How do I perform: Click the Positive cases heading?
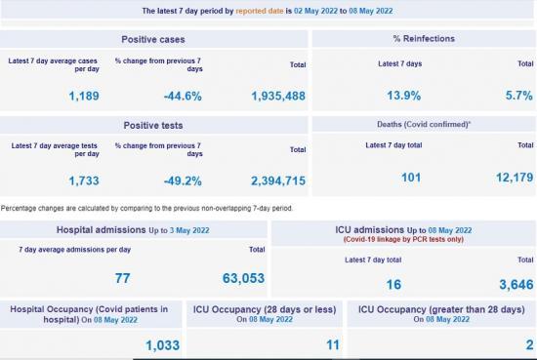[x=153, y=39]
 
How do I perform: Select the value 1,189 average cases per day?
[x=84, y=96]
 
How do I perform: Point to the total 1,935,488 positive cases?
[x=278, y=96]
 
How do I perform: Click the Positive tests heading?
[x=153, y=126]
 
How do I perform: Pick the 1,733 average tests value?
[x=84, y=180]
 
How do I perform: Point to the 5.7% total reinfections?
[x=517, y=96]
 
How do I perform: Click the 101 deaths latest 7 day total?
[x=411, y=177]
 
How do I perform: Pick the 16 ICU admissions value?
[x=393, y=284]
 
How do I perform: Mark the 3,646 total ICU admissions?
[x=513, y=284]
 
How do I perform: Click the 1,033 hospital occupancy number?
[x=164, y=344]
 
